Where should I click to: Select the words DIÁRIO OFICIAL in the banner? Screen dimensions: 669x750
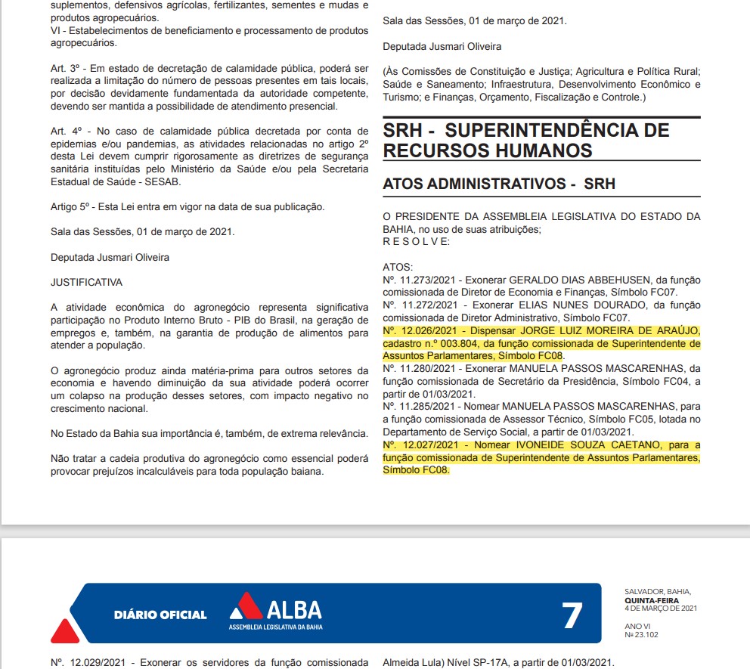pos(160,615)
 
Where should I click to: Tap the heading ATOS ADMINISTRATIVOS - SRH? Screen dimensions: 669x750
pos(499,184)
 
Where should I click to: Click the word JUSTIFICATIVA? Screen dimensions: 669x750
pos(86,282)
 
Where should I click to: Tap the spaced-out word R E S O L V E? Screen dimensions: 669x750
pos(416,241)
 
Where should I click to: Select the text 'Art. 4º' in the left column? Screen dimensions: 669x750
pos(66,131)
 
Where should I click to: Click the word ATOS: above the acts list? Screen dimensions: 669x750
pos(398,267)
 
